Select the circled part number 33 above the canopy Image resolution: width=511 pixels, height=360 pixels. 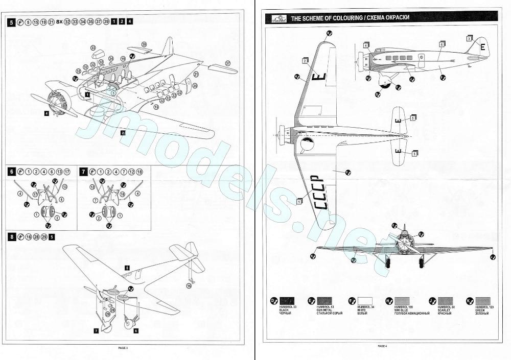tap(94, 47)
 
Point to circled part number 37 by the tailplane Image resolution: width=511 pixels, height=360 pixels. tap(228, 63)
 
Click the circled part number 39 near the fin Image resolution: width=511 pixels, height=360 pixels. tap(144, 45)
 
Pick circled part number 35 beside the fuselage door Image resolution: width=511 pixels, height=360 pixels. tap(195, 86)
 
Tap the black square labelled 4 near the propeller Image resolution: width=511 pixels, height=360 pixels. tap(47, 113)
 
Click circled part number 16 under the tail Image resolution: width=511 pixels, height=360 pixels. tap(189, 286)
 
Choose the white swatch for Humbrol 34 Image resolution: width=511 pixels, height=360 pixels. tap(364, 301)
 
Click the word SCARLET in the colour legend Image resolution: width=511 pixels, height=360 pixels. tap(445, 310)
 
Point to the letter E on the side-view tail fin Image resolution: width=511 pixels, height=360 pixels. tap(482, 46)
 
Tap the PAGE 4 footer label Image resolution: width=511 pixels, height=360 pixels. tap(382, 346)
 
